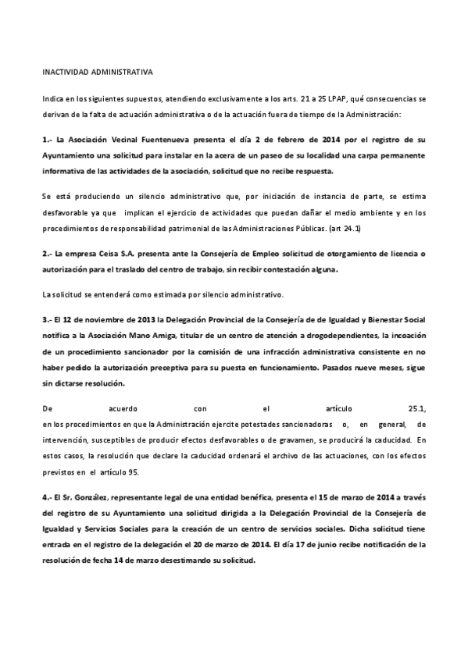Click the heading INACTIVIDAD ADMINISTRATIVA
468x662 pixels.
(x=98, y=72)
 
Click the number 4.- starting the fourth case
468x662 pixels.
(x=47, y=497)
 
